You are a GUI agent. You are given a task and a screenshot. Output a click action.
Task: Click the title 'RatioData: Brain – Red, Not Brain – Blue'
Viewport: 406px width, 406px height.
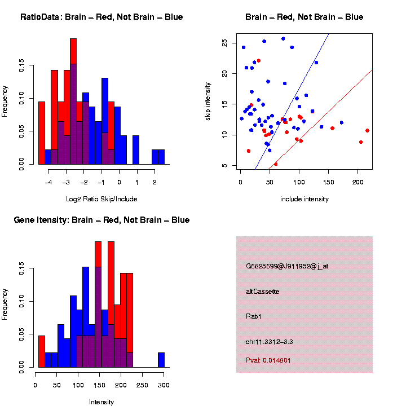click(101, 17)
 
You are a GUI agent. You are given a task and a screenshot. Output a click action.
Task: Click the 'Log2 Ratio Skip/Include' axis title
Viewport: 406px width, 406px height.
click(101, 199)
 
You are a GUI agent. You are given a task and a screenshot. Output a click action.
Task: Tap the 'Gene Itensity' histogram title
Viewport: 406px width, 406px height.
click(101, 220)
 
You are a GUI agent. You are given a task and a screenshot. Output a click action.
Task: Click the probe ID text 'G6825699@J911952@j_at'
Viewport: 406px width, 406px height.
click(286, 266)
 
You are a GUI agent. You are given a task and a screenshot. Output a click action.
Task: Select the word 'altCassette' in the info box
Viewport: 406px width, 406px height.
click(262, 292)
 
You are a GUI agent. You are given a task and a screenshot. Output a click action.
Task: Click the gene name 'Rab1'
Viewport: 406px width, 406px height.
click(254, 316)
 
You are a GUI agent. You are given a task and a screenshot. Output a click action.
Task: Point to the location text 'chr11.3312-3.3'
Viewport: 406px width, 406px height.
click(269, 342)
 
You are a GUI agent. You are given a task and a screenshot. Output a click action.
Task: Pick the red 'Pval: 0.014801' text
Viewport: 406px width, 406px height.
click(268, 360)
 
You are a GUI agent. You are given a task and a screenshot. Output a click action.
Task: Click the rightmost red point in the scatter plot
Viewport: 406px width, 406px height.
click(367, 130)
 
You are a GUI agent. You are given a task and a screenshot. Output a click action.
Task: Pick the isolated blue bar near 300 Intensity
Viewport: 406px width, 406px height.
click(161, 360)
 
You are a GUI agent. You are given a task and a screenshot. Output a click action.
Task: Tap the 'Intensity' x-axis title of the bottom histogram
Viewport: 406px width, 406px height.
click(101, 402)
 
